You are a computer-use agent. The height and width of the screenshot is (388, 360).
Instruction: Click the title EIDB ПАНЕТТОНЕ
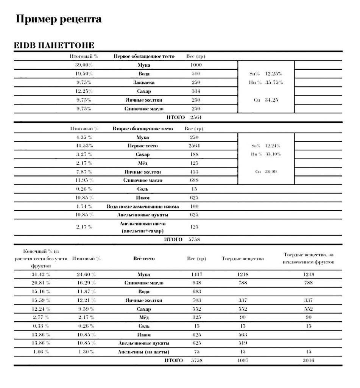click(x=54, y=46)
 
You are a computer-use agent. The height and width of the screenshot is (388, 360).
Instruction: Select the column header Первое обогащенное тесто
click(x=144, y=56)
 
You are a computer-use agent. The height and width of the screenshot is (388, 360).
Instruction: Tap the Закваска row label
click(x=143, y=83)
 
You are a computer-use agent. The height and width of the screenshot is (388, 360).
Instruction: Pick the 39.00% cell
click(x=84, y=65)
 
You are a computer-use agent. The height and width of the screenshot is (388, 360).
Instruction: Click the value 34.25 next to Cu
click(x=271, y=100)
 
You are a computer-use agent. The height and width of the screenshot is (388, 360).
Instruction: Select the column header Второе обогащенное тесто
click(x=143, y=129)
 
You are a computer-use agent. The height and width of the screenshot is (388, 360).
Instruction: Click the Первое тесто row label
click(x=143, y=146)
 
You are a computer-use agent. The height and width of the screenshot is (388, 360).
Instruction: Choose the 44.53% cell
click(x=84, y=146)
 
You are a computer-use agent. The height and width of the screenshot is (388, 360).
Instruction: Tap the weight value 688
click(x=194, y=180)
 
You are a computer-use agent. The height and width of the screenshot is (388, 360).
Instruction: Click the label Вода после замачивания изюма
click(x=143, y=207)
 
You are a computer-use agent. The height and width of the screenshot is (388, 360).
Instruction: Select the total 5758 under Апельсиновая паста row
click(x=194, y=239)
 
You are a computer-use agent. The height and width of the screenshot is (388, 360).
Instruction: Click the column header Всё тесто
click(x=143, y=259)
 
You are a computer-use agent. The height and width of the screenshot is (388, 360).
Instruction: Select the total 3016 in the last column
click(x=309, y=361)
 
